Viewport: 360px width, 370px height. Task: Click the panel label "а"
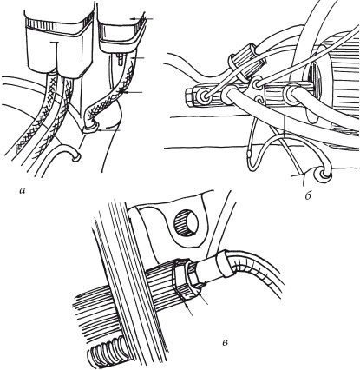click(23, 190)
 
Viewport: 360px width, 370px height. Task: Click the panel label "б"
click(308, 196)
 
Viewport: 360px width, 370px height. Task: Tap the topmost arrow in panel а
click(141, 18)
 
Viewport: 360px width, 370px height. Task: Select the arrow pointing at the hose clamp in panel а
click(109, 131)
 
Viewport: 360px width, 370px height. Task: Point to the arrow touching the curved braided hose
click(133, 92)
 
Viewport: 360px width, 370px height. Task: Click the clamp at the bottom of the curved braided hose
click(90, 128)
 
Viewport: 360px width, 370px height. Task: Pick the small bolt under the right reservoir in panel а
click(121, 59)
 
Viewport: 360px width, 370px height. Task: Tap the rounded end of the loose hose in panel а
click(75, 157)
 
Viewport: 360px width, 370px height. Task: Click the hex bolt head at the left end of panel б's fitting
click(188, 96)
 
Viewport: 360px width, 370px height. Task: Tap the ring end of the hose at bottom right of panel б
click(322, 175)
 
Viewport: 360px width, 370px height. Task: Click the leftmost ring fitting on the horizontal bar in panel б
click(203, 96)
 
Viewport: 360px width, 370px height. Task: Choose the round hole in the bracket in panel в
click(186, 223)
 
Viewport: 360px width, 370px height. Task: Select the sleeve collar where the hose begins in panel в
click(224, 263)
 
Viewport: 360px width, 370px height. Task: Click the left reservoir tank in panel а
click(59, 45)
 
